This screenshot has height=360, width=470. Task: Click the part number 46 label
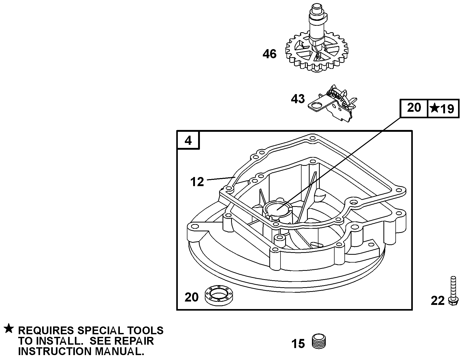[x=270, y=54]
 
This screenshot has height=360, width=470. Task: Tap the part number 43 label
[x=298, y=99]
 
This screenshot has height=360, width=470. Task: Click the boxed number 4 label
[x=188, y=141]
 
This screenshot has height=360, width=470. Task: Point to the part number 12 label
[x=197, y=182]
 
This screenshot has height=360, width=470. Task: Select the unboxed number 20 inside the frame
[x=192, y=297]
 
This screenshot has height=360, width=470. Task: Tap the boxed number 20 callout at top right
[x=414, y=108]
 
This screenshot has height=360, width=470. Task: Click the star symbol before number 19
[x=434, y=108]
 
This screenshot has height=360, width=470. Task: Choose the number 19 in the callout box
[x=447, y=109]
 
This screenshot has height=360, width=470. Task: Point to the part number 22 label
[x=438, y=301]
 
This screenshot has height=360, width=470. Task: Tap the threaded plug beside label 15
[x=318, y=341]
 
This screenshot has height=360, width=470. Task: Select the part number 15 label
[x=298, y=344]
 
